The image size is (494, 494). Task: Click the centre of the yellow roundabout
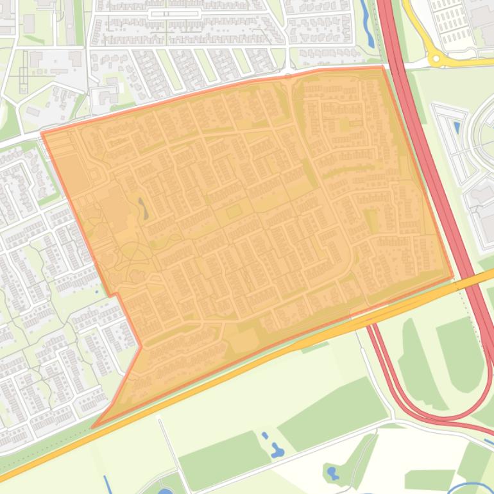pos(438,59)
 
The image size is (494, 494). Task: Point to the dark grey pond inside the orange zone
pos(142,208)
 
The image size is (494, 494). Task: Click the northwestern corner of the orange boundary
pos(42,133)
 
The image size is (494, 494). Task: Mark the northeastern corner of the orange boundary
pos(382,66)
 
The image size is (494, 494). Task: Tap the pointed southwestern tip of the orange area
pos(93,427)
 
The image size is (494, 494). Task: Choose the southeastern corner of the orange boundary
pos(453,278)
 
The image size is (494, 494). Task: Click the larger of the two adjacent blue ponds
pos(277,450)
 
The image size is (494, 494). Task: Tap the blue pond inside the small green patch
pos(332,473)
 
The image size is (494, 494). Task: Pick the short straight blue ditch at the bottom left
pos(106,484)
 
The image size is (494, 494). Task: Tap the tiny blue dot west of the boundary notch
pos(98,293)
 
